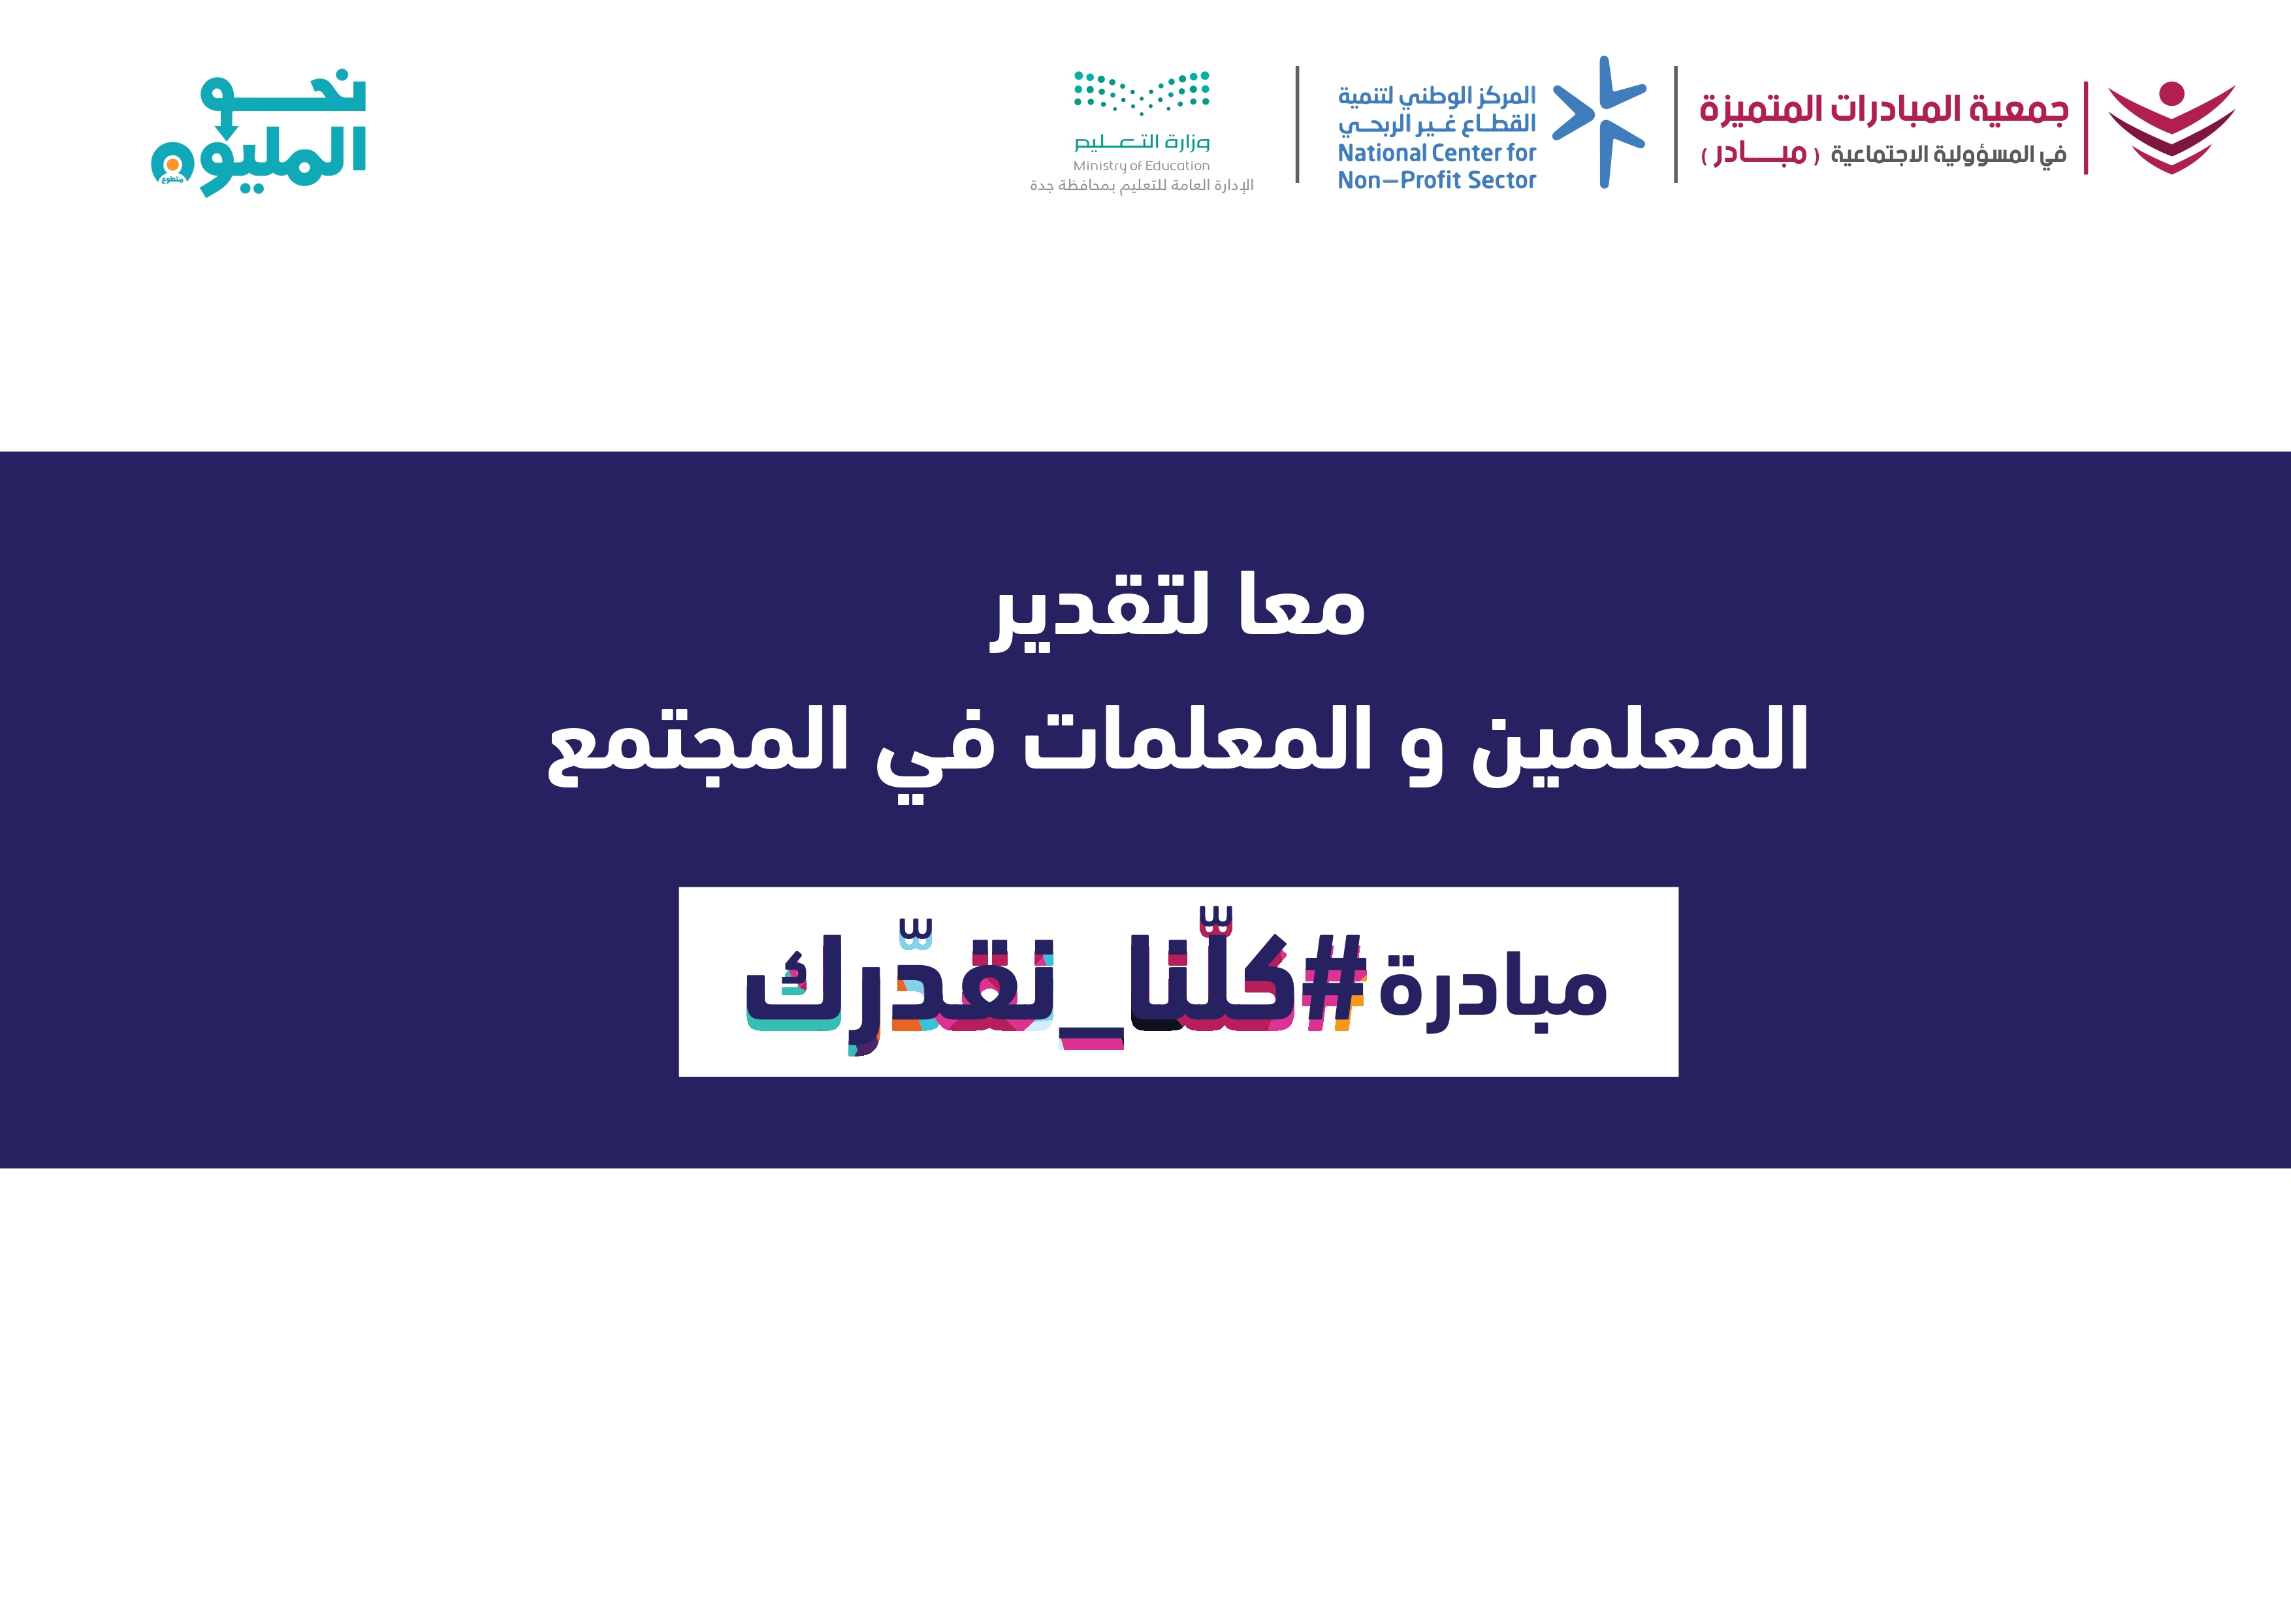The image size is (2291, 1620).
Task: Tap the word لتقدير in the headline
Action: click(1100, 611)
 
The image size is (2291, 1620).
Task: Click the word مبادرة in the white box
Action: click(1493, 989)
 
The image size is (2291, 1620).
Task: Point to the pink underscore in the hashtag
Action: click(1091, 1042)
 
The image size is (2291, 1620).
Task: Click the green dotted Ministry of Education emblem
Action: click(1142, 93)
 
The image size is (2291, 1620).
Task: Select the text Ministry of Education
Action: click(1142, 166)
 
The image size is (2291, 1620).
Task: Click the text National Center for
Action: click(1437, 153)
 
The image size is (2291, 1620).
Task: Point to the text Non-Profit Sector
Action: click(1437, 181)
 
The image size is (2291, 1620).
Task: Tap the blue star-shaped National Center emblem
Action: click(1599, 121)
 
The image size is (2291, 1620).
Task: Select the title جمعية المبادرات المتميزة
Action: click(1884, 108)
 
